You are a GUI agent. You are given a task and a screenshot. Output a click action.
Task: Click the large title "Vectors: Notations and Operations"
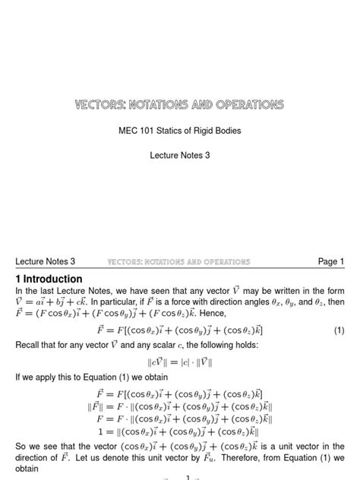179,103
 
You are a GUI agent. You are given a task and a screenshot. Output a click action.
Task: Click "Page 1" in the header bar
331,262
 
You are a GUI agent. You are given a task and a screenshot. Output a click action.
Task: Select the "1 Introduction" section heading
49,279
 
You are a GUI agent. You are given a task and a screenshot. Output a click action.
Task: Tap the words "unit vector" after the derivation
289,451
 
